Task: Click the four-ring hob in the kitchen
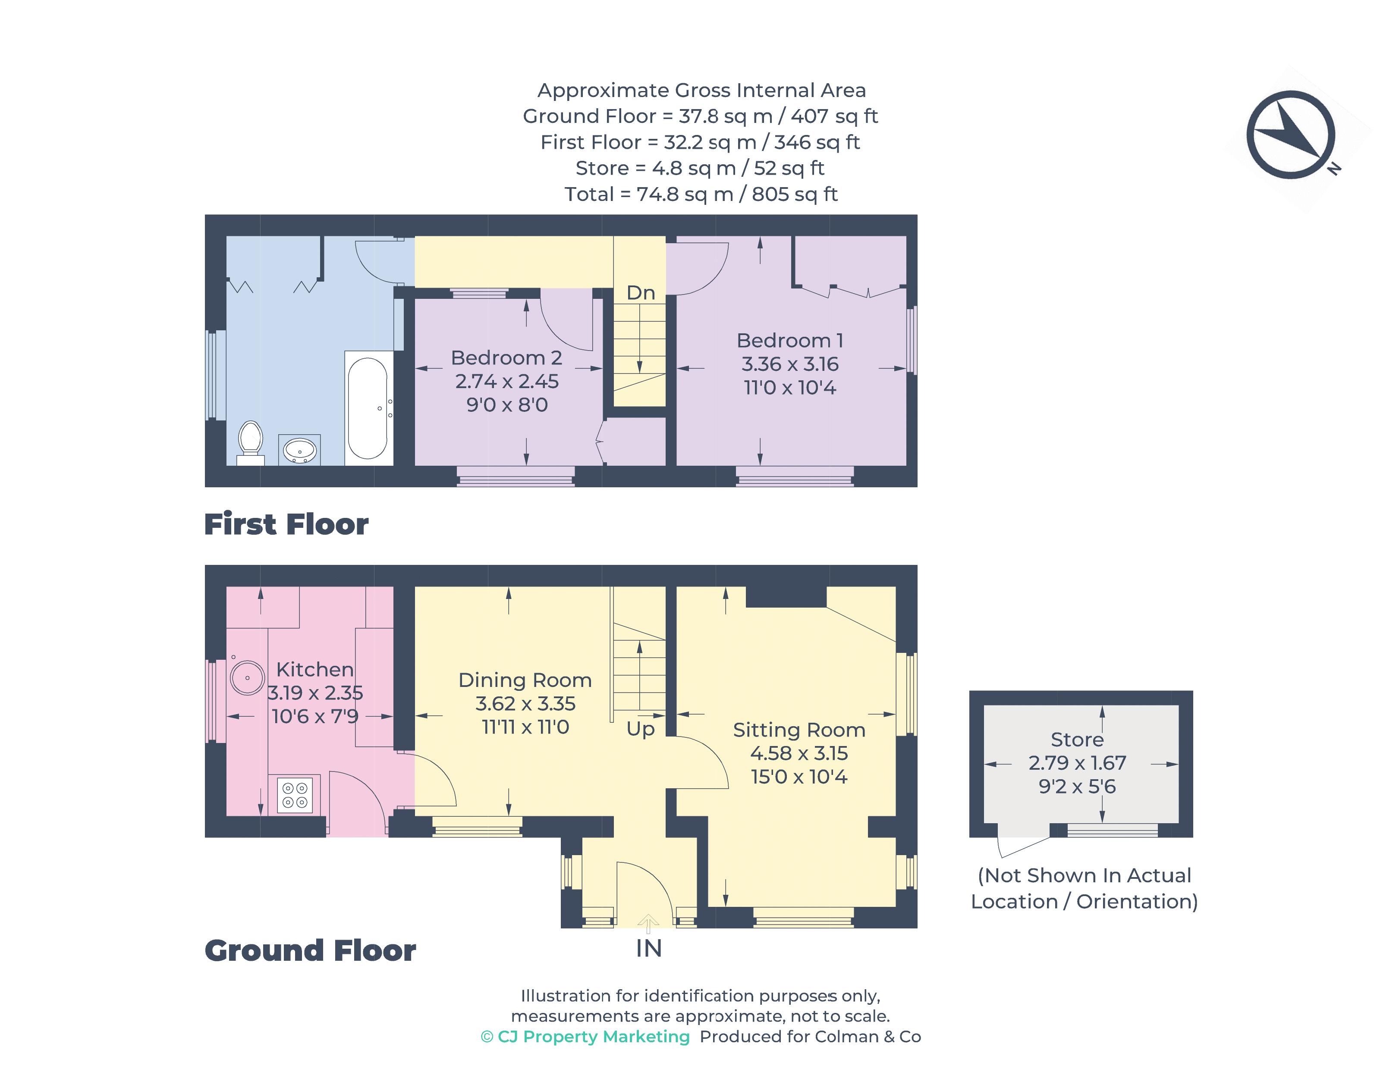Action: pyautogui.click(x=295, y=795)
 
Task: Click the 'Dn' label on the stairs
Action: pyautogui.click(x=640, y=293)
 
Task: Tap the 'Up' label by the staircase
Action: pyautogui.click(x=640, y=729)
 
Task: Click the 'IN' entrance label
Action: pyautogui.click(x=648, y=949)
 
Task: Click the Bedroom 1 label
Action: pyautogui.click(x=790, y=340)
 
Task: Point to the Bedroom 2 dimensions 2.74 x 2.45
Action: pyautogui.click(x=506, y=381)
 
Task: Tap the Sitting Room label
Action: pyautogui.click(x=799, y=730)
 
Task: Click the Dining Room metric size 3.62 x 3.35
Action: pyautogui.click(x=525, y=704)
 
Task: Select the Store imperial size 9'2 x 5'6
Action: pyautogui.click(x=1077, y=787)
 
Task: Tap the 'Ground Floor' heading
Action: pyautogui.click(x=310, y=951)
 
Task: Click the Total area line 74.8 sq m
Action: pyautogui.click(x=701, y=194)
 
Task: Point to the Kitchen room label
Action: pyautogui.click(x=314, y=669)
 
